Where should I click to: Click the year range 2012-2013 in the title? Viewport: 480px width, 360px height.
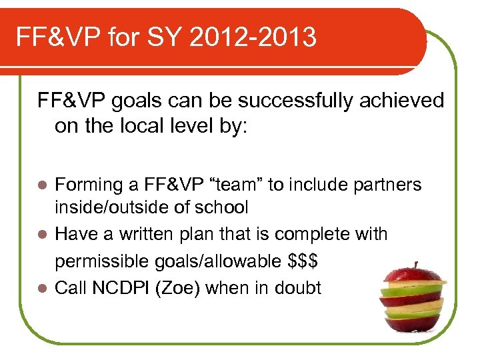[x=253, y=38]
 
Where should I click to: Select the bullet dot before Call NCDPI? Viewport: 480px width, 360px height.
[x=43, y=288]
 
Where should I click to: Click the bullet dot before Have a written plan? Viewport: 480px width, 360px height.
[x=43, y=235]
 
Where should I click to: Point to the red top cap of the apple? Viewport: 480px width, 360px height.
[x=415, y=275]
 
